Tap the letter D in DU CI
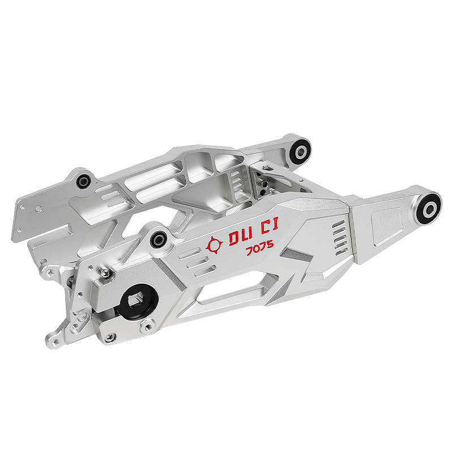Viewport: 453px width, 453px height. pyautogui.click(x=234, y=238)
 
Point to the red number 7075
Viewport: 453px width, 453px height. pyautogui.click(x=260, y=248)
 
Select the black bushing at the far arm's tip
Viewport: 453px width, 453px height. pyautogui.click(x=301, y=151)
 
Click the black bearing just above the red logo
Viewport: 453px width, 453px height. pyautogui.click(x=159, y=240)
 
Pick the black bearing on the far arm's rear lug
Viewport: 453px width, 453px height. pyautogui.click(x=84, y=181)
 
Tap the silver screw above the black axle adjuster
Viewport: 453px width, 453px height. pyautogui.click(x=104, y=272)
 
